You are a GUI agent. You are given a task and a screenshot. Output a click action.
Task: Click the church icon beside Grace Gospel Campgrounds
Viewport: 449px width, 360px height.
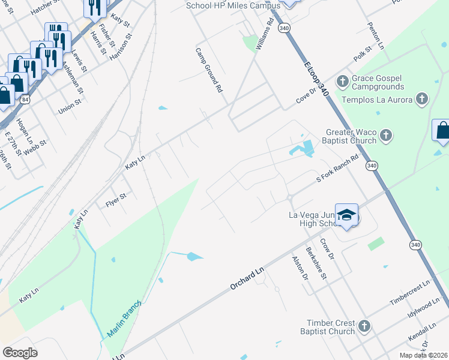coord(343,81)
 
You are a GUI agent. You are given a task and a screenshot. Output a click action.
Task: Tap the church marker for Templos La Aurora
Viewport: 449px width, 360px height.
coord(422,99)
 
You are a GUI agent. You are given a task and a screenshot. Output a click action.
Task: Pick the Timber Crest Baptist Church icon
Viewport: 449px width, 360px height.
coord(363,326)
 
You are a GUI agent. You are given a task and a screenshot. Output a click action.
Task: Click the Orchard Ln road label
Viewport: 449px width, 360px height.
coord(247,280)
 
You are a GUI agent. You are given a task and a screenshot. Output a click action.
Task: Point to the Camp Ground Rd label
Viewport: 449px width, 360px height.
coord(209,70)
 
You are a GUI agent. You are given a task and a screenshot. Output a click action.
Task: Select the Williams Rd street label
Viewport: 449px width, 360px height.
coord(264,34)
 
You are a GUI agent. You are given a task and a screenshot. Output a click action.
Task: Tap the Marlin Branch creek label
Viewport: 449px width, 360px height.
coord(124,318)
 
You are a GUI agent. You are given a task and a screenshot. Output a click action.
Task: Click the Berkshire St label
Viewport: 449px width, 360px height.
coord(316,263)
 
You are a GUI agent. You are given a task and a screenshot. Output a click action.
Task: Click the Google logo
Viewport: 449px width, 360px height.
coord(20,353)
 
